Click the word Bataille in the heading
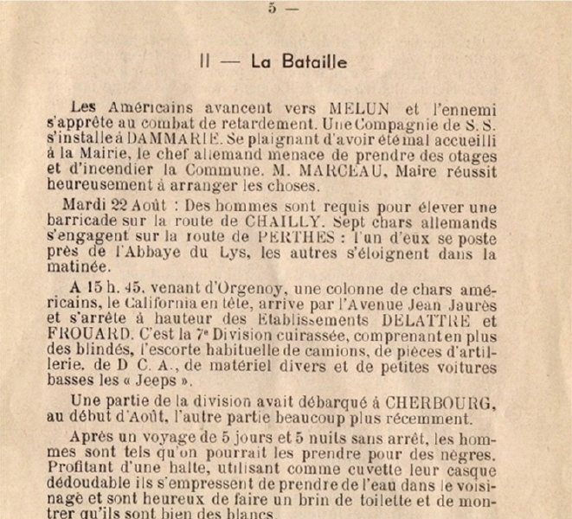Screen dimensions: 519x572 tap(299, 62)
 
